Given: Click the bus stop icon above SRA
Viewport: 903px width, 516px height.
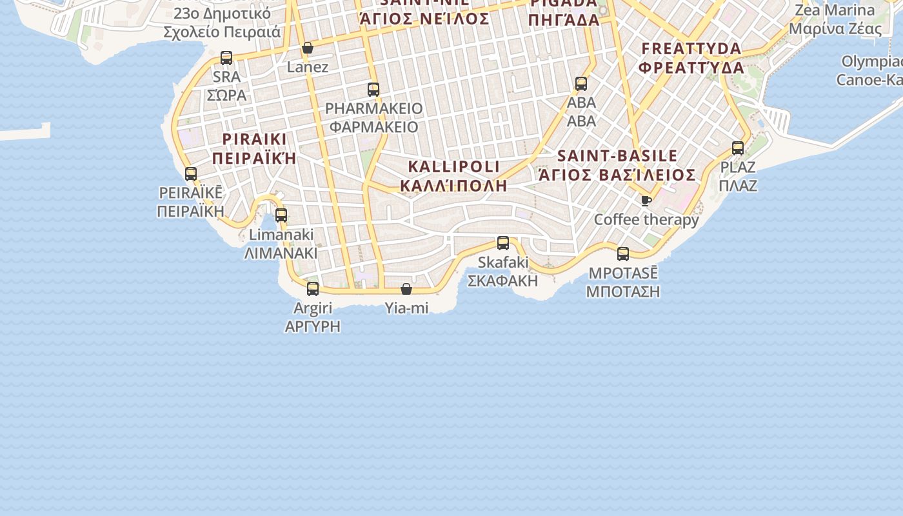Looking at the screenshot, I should coord(226,58).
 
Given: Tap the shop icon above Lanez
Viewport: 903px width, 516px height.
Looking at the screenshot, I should coord(308,48).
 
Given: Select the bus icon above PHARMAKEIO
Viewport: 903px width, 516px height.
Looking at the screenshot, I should coord(373,90).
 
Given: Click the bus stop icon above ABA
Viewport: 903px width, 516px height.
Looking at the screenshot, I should coord(581,84).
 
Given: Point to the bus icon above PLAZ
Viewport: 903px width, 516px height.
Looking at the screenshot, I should coord(738,148).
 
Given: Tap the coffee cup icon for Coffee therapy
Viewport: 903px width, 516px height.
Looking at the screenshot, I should coord(646,201).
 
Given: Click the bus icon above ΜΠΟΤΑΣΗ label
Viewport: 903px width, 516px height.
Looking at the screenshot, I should coord(623,254).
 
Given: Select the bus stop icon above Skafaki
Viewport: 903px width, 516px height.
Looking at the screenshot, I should coord(503,243).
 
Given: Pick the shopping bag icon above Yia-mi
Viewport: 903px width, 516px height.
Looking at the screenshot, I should coord(406,289).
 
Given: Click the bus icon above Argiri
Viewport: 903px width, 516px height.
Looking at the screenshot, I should coord(313,288).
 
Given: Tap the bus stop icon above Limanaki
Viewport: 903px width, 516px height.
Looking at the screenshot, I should coord(281,215).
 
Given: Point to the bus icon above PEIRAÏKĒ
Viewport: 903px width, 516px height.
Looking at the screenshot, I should coord(191,174).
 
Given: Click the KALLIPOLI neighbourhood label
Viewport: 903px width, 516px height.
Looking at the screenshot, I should coord(453,167).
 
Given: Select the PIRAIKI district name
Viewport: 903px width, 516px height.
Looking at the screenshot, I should coord(254,139).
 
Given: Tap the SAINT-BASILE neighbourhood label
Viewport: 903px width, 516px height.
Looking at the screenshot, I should coord(617,156).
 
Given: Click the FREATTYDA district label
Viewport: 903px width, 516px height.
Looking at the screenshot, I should coord(691,49).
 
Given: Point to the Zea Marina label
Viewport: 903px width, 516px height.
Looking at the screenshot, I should coord(835,10).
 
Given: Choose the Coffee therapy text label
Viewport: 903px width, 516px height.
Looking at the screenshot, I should coord(646,220).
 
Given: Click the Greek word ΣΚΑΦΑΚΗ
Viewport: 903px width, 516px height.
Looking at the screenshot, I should coord(502,281).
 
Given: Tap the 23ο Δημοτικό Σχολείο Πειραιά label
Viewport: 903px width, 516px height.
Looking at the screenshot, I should coord(222,23).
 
